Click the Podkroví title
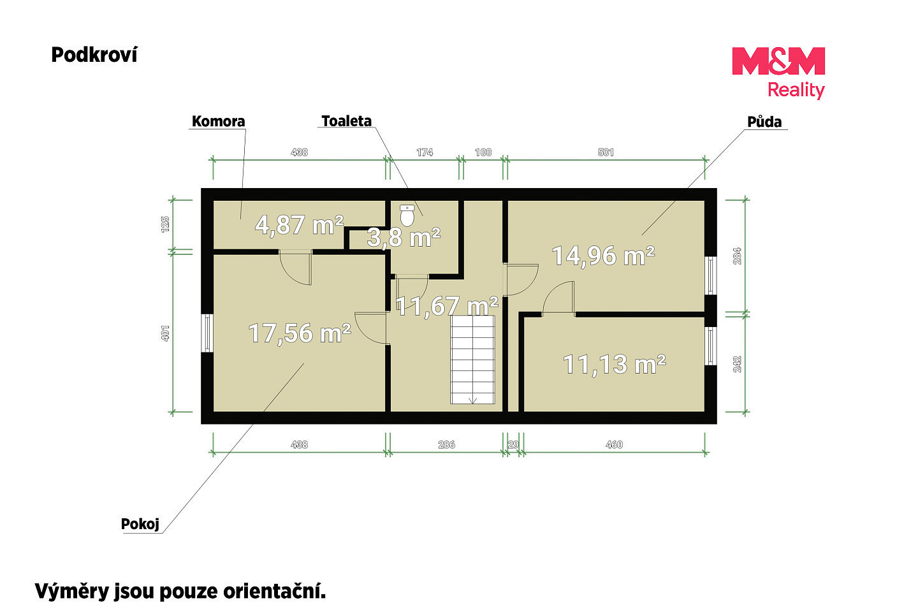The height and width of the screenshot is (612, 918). (94, 55)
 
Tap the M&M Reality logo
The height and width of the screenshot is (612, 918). (778, 73)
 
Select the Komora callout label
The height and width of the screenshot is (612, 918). (219, 121)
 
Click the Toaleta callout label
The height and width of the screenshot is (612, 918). (346, 121)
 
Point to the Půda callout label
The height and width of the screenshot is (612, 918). (764, 122)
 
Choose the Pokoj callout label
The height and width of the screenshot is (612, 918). (140, 524)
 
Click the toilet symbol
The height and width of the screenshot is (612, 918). (407, 215)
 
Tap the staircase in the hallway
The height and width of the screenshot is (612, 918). (472, 360)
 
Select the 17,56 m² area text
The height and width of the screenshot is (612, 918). (300, 333)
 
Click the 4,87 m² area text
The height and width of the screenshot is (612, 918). (299, 225)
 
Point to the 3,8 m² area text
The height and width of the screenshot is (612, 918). (404, 237)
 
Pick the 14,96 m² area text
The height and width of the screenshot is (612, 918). (603, 256)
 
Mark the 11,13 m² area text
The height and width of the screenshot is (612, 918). (615, 365)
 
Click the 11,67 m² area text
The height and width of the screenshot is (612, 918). (447, 306)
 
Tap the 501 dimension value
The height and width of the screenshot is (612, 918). (606, 152)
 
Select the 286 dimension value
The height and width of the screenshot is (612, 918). (446, 445)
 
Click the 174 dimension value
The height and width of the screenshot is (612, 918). (425, 152)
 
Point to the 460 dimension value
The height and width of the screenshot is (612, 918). (614, 445)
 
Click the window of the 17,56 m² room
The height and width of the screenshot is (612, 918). (207, 333)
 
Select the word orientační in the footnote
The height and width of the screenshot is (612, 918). (274, 592)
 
